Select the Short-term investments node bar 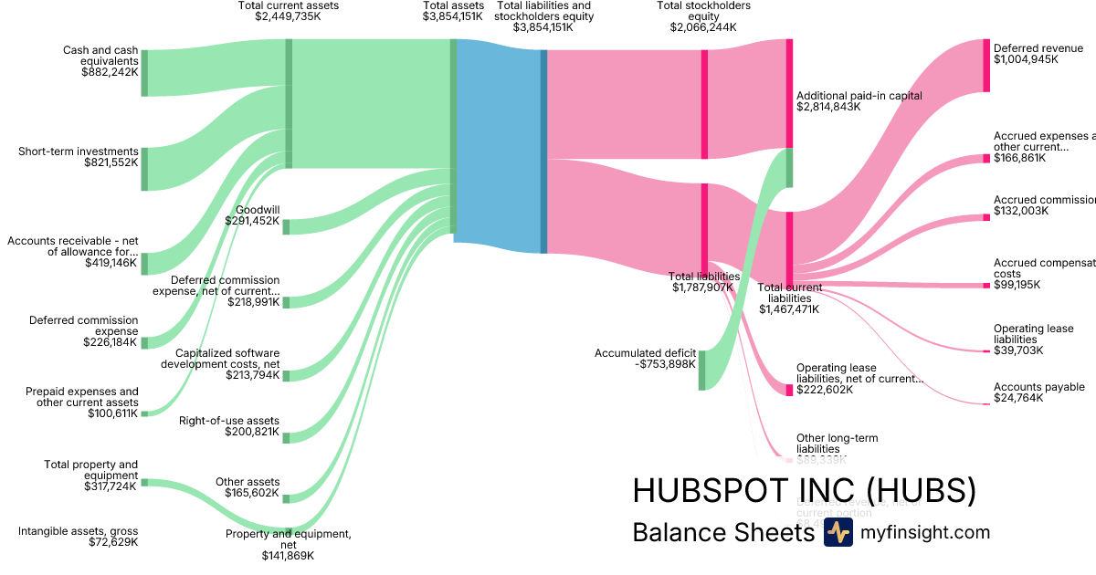(144, 168)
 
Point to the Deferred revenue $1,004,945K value (1026, 60)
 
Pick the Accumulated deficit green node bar (701, 369)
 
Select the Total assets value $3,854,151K (452, 16)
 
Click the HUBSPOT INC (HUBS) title (804, 491)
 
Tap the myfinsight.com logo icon (838, 533)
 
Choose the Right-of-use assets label (229, 421)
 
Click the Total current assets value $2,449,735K (288, 16)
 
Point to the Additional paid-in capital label (859, 95)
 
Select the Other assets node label (248, 482)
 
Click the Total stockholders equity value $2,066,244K (703, 27)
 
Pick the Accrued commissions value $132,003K (1021, 212)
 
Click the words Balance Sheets (722, 533)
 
